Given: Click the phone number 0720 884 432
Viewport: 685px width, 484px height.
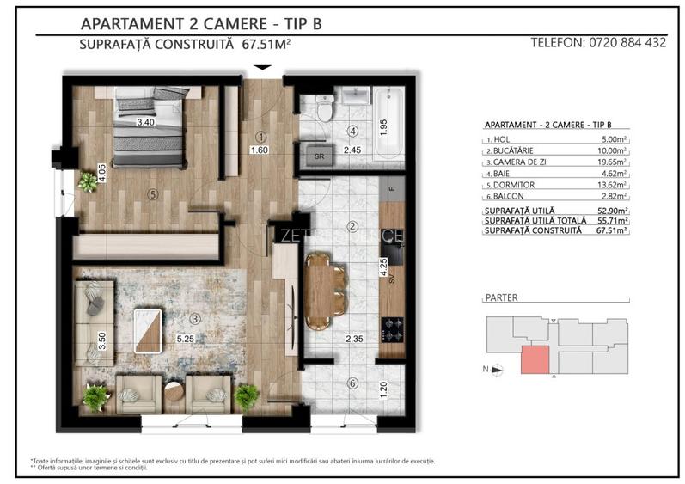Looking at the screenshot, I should click(626, 42).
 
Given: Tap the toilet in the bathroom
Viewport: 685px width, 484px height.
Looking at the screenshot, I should click(324, 108).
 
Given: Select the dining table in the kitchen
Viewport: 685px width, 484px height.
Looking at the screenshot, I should click(317, 291).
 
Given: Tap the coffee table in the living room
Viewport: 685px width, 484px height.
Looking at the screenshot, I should click(148, 328).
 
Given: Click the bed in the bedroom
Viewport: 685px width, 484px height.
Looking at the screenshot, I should click(148, 129).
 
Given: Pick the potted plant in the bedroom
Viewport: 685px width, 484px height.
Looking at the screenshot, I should click(88, 181).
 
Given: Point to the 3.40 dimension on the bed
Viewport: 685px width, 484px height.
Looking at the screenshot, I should click(147, 123).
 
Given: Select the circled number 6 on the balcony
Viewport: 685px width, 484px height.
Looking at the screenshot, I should click(352, 383).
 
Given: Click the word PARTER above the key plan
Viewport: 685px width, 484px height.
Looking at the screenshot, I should click(503, 297).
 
